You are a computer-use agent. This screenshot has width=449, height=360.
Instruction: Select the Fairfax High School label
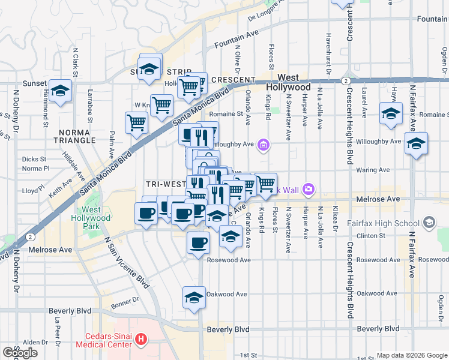tap(383, 224)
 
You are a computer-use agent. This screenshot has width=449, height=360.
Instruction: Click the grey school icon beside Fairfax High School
tap(429, 223)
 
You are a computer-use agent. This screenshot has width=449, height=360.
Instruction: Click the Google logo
tap(20, 352)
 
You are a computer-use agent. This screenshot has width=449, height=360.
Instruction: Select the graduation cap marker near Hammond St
tap(60, 91)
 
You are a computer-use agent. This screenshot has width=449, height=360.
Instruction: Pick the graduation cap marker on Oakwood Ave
tap(194, 298)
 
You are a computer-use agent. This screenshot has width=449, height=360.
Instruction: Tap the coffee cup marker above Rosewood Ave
tap(198, 243)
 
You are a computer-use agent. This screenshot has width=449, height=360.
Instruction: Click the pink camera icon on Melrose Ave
tap(309, 190)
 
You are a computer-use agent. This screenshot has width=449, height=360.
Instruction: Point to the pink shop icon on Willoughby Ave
tap(263, 144)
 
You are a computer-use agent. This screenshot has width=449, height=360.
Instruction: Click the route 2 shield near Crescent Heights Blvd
tap(346, 80)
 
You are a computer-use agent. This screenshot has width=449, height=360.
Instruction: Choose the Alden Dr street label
tap(31, 342)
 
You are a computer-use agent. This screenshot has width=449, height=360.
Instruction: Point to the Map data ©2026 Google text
tap(411, 355)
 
